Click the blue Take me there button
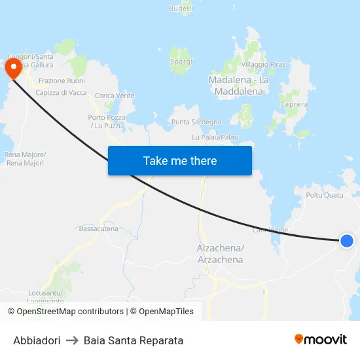180,160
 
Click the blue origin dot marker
347,241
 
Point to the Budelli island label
181,9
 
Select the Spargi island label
181,62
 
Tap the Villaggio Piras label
264,65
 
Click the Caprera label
293,104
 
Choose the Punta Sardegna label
196,122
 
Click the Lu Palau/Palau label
215,137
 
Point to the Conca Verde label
115,96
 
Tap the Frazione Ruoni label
62,81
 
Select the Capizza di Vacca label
61,93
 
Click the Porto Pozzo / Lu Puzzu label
107,121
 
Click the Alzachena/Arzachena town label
220,254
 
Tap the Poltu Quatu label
324,195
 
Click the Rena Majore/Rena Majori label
25,158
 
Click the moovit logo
320,339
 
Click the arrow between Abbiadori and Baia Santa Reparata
72,340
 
